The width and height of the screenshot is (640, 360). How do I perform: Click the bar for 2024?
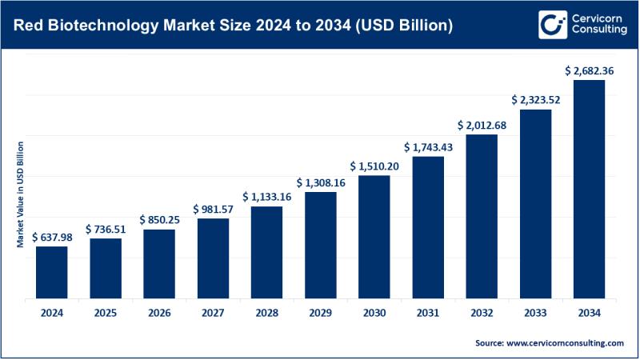(x=51, y=272)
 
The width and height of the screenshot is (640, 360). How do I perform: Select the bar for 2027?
(x=213, y=258)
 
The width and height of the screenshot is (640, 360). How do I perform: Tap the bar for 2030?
(x=374, y=237)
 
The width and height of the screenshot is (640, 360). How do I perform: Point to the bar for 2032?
(x=482, y=216)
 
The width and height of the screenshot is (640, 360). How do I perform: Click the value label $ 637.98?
(x=51, y=237)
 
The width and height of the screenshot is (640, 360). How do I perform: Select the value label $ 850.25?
(x=159, y=219)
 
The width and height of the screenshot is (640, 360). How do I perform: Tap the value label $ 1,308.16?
(x=321, y=182)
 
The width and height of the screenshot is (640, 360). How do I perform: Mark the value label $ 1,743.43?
(x=428, y=147)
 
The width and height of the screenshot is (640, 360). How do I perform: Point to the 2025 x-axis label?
(x=105, y=312)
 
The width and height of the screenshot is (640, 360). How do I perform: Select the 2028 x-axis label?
(x=266, y=312)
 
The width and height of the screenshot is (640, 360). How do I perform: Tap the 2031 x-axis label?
(x=428, y=312)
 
